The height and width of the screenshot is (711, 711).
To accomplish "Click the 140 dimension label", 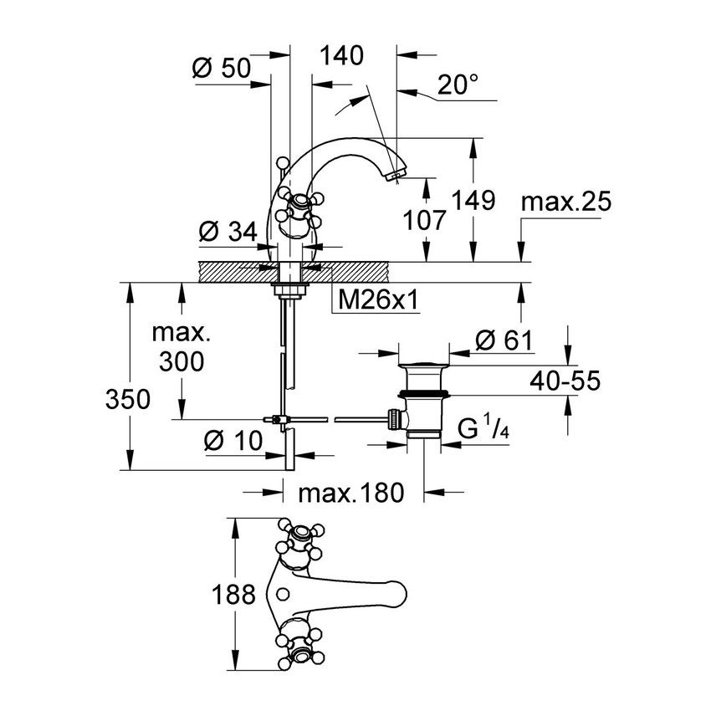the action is click(x=342, y=56).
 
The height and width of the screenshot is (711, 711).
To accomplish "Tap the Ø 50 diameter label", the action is click(x=222, y=69).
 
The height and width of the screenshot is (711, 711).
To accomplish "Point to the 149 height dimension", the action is click(x=473, y=201).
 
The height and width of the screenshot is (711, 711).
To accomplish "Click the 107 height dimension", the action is click(x=425, y=220).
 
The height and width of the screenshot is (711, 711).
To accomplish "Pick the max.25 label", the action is click(x=566, y=202).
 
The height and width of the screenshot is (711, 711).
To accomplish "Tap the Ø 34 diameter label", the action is click(x=228, y=232).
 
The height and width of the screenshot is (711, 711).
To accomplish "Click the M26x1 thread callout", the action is click(x=379, y=300).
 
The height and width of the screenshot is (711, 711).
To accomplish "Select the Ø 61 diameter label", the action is click(x=504, y=340).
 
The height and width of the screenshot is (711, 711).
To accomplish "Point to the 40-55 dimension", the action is click(x=565, y=381).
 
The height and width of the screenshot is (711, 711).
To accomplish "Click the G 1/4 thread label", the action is click(x=483, y=428).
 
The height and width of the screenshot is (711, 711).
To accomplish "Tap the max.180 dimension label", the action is click(x=351, y=493).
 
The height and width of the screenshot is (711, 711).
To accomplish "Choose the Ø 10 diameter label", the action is click(x=233, y=440).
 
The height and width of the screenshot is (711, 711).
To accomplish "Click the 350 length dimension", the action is click(x=127, y=400).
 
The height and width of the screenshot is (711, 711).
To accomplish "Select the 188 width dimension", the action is click(x=233, y=594).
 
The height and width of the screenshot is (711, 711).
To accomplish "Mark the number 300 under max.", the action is click(x=182, y=362).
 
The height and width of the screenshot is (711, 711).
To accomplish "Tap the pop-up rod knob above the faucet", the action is click(x=283, y=162).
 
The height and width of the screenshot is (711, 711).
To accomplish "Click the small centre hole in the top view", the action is click(x=283, y=594).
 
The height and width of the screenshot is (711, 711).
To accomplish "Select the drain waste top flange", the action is click(x=423, y=365).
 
